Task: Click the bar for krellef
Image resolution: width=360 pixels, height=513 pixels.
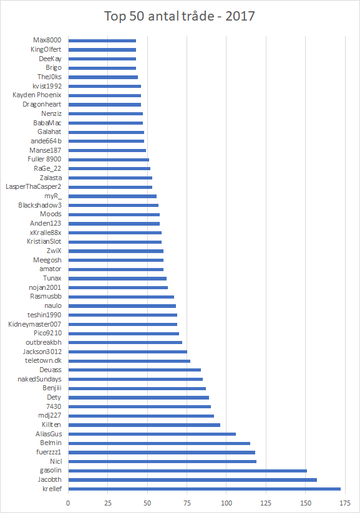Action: pyautogui.click(x=205, y=489)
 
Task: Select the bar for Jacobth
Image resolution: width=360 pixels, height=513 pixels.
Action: pyautogui.click(x=193, y=479)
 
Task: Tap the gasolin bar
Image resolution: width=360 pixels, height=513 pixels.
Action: pyautogui.click(x=188, y=471)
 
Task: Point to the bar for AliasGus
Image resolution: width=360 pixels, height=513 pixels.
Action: pyautogui.click(x=152, y=434)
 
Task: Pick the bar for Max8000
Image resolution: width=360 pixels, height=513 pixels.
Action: pyautogui.click(x=102, y=41)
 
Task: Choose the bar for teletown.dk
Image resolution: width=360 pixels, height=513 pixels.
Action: pyautogui.click(x=129, y=361)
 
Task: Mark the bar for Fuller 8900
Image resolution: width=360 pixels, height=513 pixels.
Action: pyautogui.click(x=109, y=160)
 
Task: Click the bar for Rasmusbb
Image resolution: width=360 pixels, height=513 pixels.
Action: pyautogui.click(x=121, y=297)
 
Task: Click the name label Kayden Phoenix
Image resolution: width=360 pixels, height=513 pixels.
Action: pyautogui.click(x=37, y=95)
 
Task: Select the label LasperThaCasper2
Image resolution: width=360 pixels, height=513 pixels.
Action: pyautogui.click(x=34, y=187)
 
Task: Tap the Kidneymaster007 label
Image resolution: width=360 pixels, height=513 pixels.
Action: pyautogui.click(x=35, y=324)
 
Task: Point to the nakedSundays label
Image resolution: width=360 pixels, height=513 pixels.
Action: pyautogui.click(x=40, y=379)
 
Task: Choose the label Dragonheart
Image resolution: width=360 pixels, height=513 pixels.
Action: pyautogui.click(x=42, y=104)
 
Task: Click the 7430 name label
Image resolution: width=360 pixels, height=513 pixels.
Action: pyautogui.click(x=54, y=406)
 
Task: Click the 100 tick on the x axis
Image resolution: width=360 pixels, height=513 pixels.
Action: pyautogui.click(x=226, y=503)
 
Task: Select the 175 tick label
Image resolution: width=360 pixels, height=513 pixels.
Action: pyautogui.click(x=345, y=503)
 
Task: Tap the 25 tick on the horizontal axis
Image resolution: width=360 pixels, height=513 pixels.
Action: pyautogui.click(x=108, y=503)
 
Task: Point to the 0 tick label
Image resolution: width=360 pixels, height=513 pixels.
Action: pyautogui.click(x=68, y=503)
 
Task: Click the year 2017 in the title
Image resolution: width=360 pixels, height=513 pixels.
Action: pyautogui.click(x=240, y=16)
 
